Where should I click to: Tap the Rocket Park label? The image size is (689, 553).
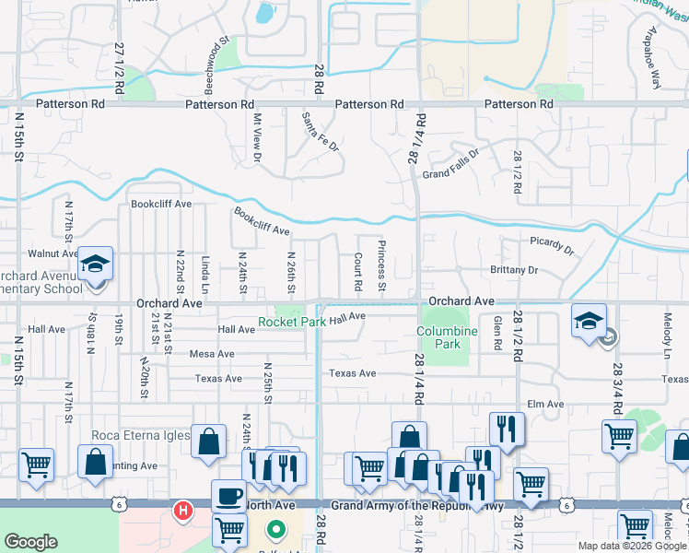[x=292, y=322]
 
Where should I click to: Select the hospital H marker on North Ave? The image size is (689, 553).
[x=183, y=509]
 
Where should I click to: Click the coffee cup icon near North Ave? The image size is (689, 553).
[x=228, y=495]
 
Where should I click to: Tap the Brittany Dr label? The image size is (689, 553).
[x=514, y=270]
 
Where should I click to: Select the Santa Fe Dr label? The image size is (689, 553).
[x=321, y=132]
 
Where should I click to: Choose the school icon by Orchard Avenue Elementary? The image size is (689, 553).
[x=94, y=265]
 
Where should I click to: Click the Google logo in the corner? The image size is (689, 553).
[x=31, y=542]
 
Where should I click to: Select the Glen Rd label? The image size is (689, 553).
[x=498, y=324]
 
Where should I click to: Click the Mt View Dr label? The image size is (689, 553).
[x=258, y=138]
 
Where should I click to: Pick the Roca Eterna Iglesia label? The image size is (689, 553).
[x=140, y=435]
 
